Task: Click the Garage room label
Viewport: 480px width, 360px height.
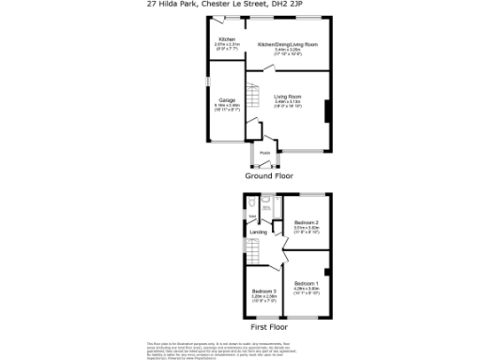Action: tap(227, 100)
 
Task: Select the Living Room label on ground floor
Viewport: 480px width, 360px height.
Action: tap(287, 97)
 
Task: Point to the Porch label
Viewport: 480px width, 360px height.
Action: tap(265, 153)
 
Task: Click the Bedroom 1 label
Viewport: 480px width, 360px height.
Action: tap(307, 283)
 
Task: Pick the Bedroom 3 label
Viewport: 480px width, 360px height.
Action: tap(263, 292)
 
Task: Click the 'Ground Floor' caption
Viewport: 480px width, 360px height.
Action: tap(270, 175)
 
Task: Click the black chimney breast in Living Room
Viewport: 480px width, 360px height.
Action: tap(327, 112)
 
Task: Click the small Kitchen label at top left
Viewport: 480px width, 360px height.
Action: tap(227, 40)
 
